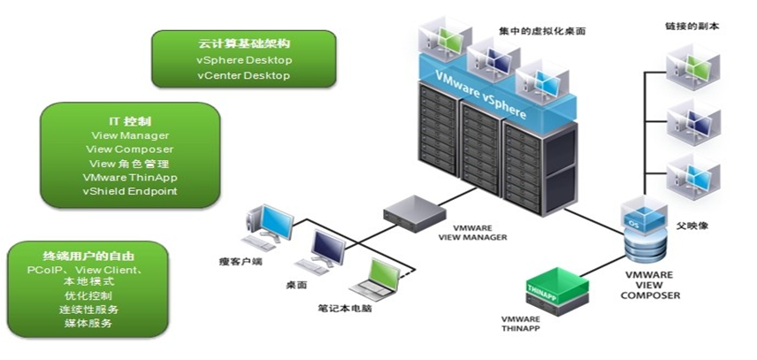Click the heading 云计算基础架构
click(x=243, y=43)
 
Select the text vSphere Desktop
click(x=243, y=60)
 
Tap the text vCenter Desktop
click(x=243, y=76)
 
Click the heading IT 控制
click(x=129, y=120)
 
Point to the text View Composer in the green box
click(x=129, y=149)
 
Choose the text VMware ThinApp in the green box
click(x=129, y=177)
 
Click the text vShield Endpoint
click(x=129, y=191)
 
